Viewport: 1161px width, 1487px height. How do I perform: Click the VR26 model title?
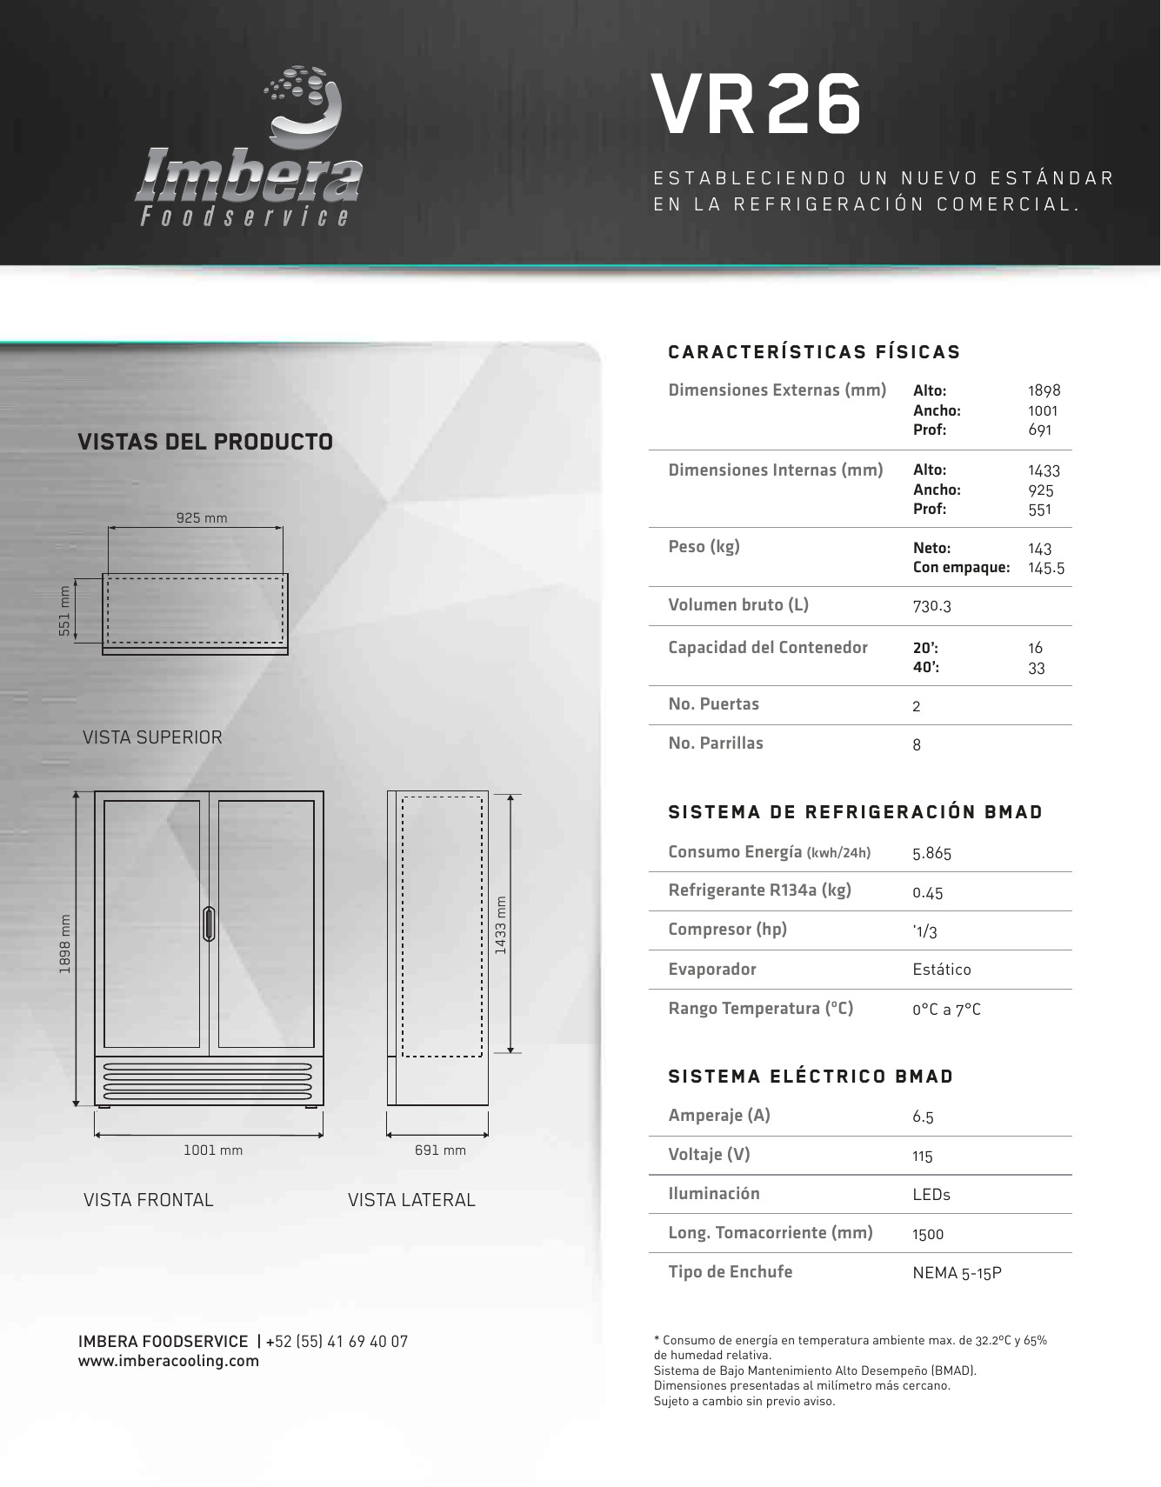point(757,105)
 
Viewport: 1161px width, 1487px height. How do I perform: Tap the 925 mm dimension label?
point(202,518)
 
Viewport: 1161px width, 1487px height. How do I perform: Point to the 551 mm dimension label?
point(64,610)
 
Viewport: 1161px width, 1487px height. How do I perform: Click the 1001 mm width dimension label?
point(213,1150)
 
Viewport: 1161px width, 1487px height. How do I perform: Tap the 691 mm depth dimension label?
point(440,1150)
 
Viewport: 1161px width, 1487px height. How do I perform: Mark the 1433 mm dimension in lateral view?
point(501,925)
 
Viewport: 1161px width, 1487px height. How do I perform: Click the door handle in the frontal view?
point(209,924)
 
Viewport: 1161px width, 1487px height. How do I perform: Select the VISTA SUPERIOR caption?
point(152,737)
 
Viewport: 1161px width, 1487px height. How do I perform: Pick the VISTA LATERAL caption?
point(411,1200)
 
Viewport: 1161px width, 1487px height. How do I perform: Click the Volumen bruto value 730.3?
point(931,606)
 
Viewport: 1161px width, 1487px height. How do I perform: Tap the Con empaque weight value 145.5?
point(1045,569)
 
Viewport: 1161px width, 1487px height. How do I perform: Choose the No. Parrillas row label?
point(716,743)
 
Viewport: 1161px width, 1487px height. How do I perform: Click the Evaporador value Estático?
point(942,970)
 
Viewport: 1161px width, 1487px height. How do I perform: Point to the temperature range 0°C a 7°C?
point(946,1010)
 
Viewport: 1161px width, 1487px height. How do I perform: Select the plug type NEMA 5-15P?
point(957,1273)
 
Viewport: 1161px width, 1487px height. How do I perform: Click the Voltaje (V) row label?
point(709,1155)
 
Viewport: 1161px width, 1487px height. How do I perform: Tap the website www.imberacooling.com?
point(169,1361)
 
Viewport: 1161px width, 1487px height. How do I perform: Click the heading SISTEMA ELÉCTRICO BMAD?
point(811,1077)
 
